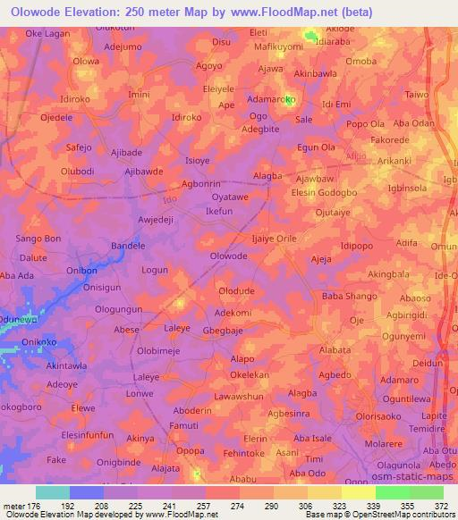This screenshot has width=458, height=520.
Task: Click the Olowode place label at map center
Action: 228,256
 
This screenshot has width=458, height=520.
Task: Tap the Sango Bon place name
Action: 39,239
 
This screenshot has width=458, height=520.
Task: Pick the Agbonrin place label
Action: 201,182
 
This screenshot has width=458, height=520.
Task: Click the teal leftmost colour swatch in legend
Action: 53,492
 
